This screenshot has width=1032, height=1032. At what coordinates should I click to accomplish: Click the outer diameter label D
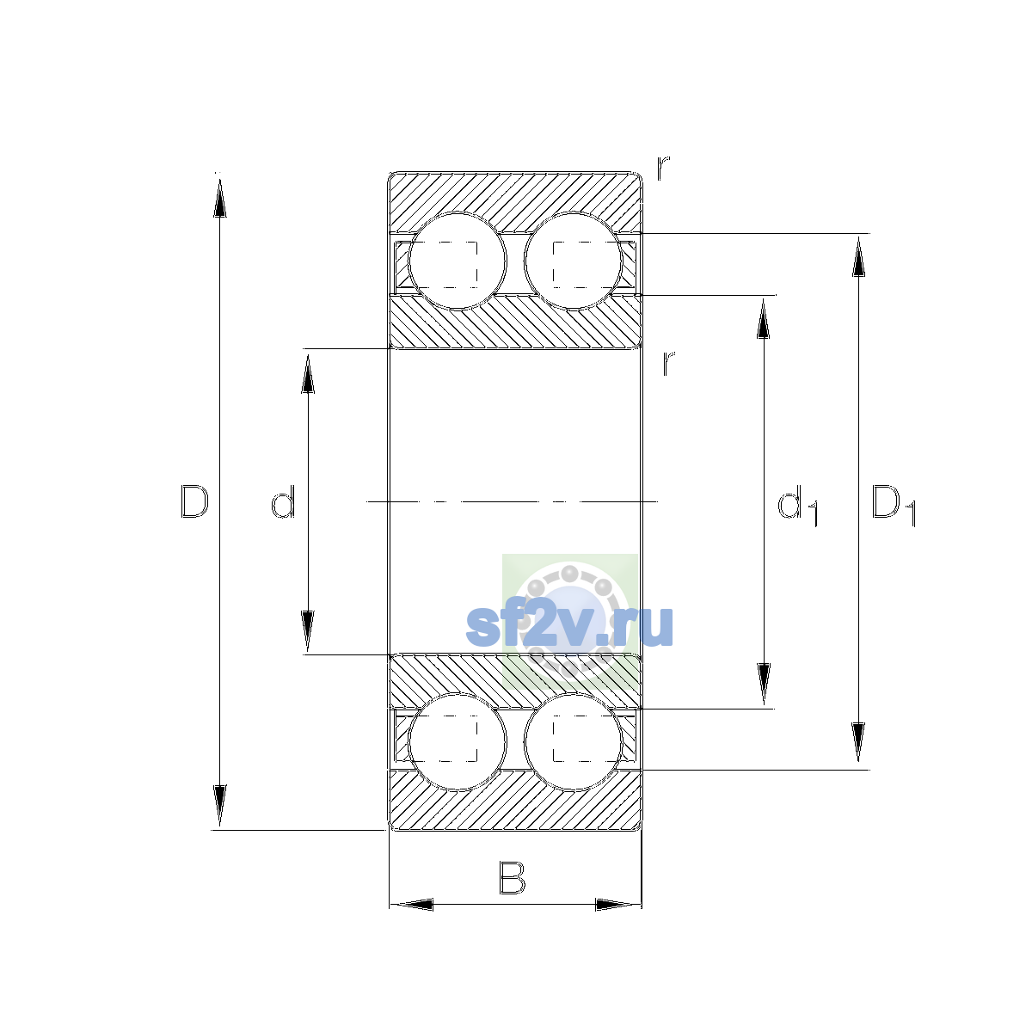(x=193, y=501)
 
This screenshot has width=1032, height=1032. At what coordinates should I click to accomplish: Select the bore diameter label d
(x=283, y=501)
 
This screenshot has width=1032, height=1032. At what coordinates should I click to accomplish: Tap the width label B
(x=512, y=878)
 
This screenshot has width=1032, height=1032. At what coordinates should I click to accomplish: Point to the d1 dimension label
(x=797, y=506)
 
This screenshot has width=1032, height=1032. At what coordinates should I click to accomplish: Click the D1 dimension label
(x=894, y=506)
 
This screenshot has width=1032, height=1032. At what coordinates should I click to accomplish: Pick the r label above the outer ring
(x=663, y=169)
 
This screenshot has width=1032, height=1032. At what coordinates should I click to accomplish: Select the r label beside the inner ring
(x=668, y=363)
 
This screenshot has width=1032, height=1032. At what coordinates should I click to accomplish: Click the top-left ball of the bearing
(x=458, y=261)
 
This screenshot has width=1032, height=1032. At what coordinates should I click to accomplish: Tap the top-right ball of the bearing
(x=573, y=261)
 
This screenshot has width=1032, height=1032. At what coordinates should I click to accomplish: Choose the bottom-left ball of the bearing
(x=458, y=741)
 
